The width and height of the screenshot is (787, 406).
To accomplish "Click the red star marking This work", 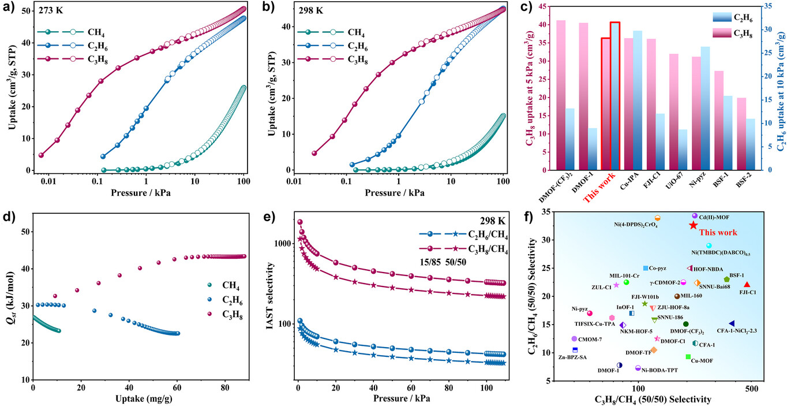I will pyautogui.click(x=693, y=225).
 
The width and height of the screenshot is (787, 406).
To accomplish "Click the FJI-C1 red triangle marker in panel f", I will pyautogui.click(x=747, y=285).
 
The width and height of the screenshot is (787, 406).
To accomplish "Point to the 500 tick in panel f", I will pyautogui.click(x=751, y=390).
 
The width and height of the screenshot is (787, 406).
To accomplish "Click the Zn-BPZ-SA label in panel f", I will pyautogui.click(x=572, y=357).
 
